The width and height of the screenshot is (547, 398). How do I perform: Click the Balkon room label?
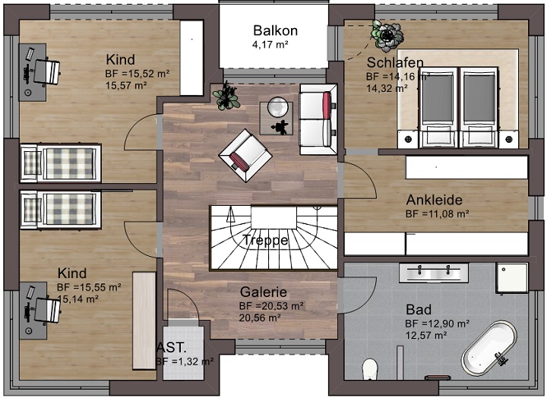pyautogui.click(x=275, y=31)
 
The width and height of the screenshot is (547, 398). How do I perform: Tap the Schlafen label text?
pyautogui.click(x=394, y=62)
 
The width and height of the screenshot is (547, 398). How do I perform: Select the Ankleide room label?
pyautogui.click(x=435, y=201)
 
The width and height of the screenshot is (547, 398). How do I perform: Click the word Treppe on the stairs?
pyautogui.click(x=265, y=240)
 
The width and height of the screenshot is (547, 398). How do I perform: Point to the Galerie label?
pyautogui.click(x=263, y=292)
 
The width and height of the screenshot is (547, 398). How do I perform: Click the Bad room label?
pyautogui.click(x=418, y=310)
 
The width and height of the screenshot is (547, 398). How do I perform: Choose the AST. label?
pyautogui.click(x=171, y=347)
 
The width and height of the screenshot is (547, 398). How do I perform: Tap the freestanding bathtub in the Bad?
pyautogui.click(x=489, y=349)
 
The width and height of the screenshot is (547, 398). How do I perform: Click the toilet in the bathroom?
pyautogui.click(x=371, y=370)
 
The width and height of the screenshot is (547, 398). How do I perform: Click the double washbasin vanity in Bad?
pyautogui.click(x=433, y=272)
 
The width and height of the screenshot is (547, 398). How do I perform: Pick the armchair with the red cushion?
pyautogui.click(x=245, y=154)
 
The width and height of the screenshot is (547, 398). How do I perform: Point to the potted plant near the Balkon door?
pyautogui.click(x=226, y=96)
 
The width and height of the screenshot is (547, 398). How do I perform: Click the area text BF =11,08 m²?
pyautogui.click(x=437, y=214)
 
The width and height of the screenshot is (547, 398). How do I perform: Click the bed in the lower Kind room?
pyautogui.click(x=61, y=208)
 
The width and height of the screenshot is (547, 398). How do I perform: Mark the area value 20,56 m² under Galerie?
pyautogui.click(x=260, y=317)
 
